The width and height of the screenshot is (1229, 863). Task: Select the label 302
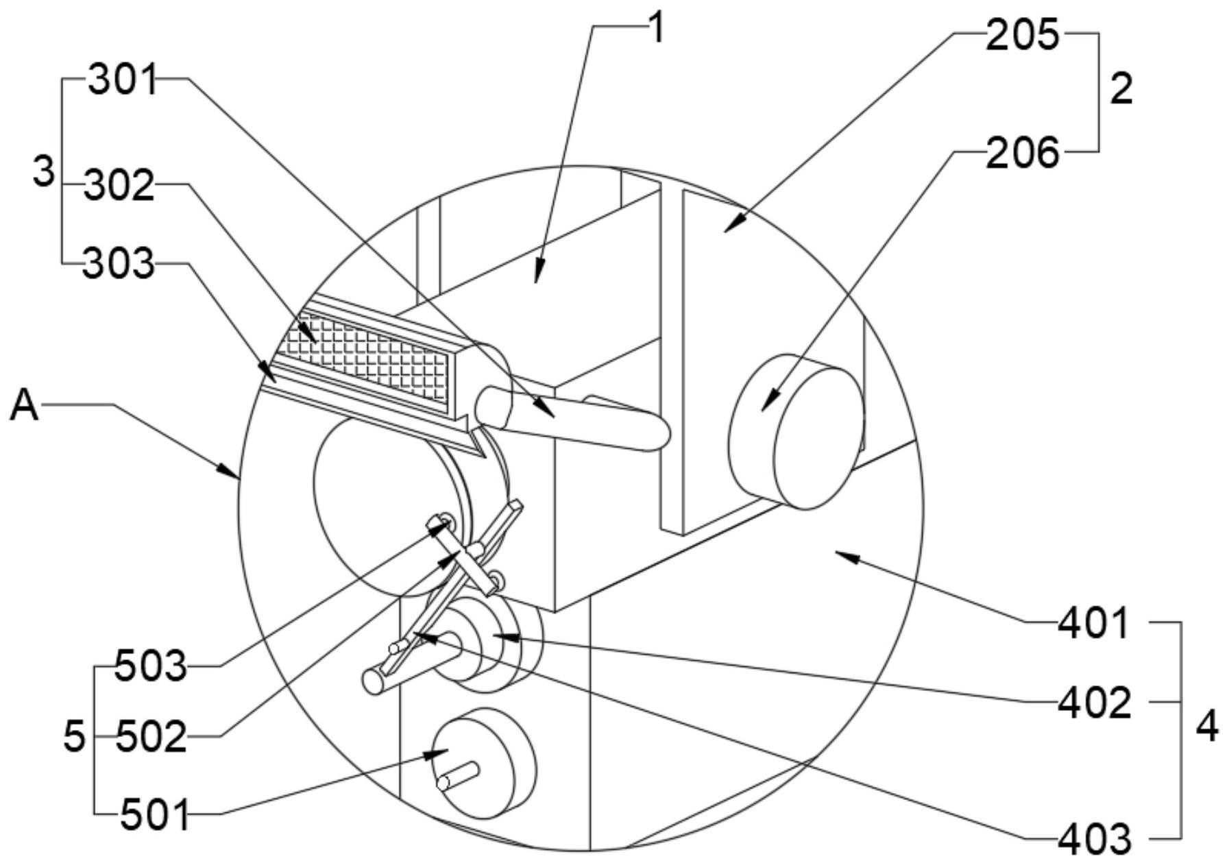coord(119,186)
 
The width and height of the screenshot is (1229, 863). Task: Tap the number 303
coord(118,265)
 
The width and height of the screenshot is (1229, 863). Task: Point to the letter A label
coord(25,406)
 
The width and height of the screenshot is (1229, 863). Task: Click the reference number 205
coord(1022,35)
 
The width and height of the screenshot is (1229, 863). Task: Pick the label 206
coord(1022,154)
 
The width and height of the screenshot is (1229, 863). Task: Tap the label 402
coord(1095,703)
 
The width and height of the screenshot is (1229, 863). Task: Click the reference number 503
coord(151,666)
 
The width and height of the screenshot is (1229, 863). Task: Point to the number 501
coord(155,816)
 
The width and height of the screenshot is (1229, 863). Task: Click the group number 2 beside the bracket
coord(1121,90)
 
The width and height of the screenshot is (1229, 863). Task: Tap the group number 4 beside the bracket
coord(1206,727)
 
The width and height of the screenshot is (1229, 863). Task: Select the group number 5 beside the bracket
coord(74,738)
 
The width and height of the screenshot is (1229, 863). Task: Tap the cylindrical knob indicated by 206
coord(795,431)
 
